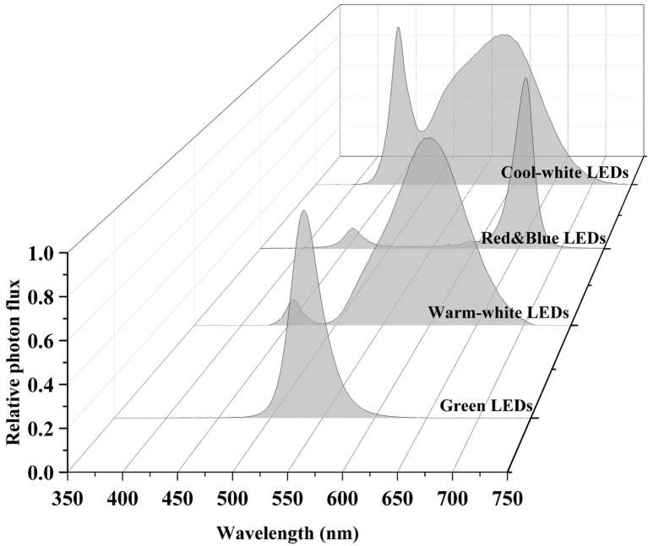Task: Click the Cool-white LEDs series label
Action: click(564, 172)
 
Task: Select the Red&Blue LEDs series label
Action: click(542, 239)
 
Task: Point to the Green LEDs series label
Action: click(485, 405)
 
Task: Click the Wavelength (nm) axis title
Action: click(287, 533)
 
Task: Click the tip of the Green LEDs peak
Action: click(304, 211)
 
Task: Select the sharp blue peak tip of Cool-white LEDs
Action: click(398, 27)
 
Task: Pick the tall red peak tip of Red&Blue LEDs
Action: click(525, 78)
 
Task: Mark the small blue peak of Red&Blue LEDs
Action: click(352, 229)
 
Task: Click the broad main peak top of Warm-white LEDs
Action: click(428, 138)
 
